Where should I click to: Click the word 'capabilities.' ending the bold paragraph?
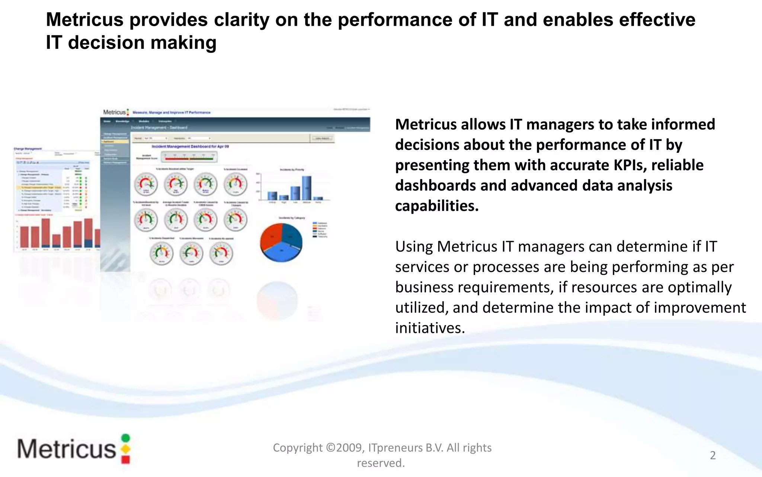tap(437, 206)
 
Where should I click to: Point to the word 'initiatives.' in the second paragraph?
tap(430, 328)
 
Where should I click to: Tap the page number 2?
tap(713, 455)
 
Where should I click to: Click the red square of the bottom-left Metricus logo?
tap(126, 460)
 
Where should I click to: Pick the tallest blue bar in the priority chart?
tap(307, 188)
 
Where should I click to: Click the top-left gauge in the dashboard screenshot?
tap(146, 184)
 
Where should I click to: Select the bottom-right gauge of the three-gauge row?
tap(221, 253)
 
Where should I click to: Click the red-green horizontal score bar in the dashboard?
tap(189, 158)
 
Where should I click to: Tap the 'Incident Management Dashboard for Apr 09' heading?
tap(190, 146)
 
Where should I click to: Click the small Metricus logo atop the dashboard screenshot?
tap(116, 112)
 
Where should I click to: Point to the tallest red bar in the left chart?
tap(46, 233)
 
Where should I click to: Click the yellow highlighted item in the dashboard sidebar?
tap(115, 142)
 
